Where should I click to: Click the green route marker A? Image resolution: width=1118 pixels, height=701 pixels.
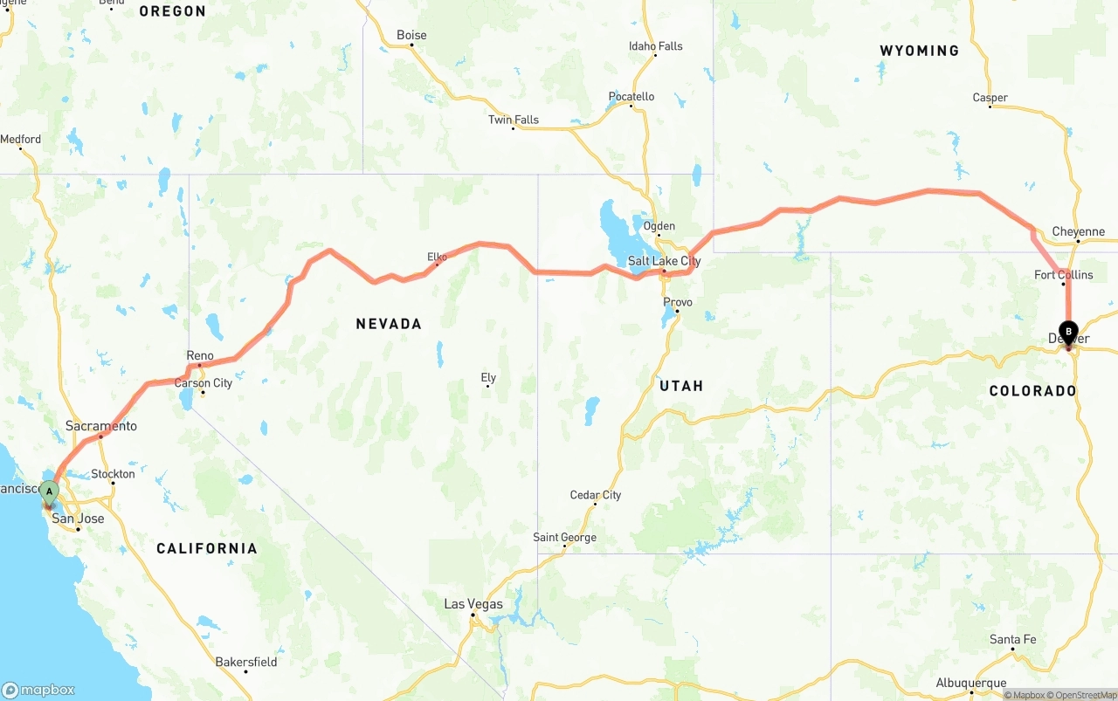(50, 491)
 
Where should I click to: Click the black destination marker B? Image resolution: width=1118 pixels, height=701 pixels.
(1068, 331)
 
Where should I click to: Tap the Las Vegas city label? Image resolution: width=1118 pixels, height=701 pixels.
(473, 604)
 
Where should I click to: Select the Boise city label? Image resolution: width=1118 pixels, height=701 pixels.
(411, 35)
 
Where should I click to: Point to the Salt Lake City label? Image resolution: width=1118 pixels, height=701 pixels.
(664, 261)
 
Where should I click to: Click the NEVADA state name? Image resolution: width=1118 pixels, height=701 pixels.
(389, 324)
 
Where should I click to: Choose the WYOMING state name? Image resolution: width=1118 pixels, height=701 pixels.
(919, 51)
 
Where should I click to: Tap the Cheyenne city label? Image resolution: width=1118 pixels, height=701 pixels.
(1079, 232)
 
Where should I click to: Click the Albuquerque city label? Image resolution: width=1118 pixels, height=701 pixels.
(970, 684)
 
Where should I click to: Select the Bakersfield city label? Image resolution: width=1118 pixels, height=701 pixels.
(246, 662)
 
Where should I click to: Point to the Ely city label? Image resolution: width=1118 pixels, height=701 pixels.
(488, 378)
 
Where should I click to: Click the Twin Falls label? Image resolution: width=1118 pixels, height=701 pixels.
(514, 120)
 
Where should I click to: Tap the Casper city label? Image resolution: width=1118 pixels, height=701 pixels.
(990, 98)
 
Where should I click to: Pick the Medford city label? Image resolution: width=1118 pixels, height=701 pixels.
(20, 139)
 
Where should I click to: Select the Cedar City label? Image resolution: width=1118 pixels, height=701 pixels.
(596, 495)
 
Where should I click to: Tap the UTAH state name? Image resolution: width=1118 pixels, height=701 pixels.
(681, 386)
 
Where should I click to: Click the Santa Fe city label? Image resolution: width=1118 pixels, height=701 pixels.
(1013, 640)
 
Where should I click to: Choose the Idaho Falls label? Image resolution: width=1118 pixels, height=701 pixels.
(656, 46)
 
